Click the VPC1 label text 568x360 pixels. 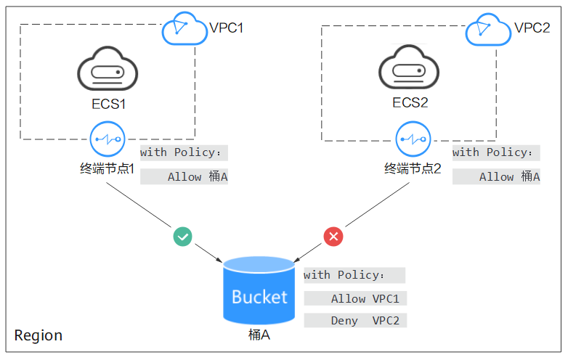tap(227, 28)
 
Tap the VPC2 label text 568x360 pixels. tap(532, 28)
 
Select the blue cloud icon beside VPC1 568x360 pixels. tap(184, 28)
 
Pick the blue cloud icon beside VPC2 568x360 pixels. tap(488, 30)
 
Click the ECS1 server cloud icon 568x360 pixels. tap(107, 68)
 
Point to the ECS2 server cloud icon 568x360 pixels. tap(409, 67)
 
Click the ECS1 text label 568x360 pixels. tap(109, 105)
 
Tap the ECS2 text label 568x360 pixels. tap(410, 103)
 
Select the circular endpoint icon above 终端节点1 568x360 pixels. tap(107, 139)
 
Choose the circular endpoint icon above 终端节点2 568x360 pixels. tap(413, 139)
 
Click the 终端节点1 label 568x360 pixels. tap(107, 168)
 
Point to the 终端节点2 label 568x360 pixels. tap(413, 168)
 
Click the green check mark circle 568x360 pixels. tap(182, 237)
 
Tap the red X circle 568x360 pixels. tap(333, 237)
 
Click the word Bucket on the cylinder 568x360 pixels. tap(259, 297)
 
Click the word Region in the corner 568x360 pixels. tap(38, 336)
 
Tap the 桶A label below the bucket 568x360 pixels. tap(259, 335)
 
